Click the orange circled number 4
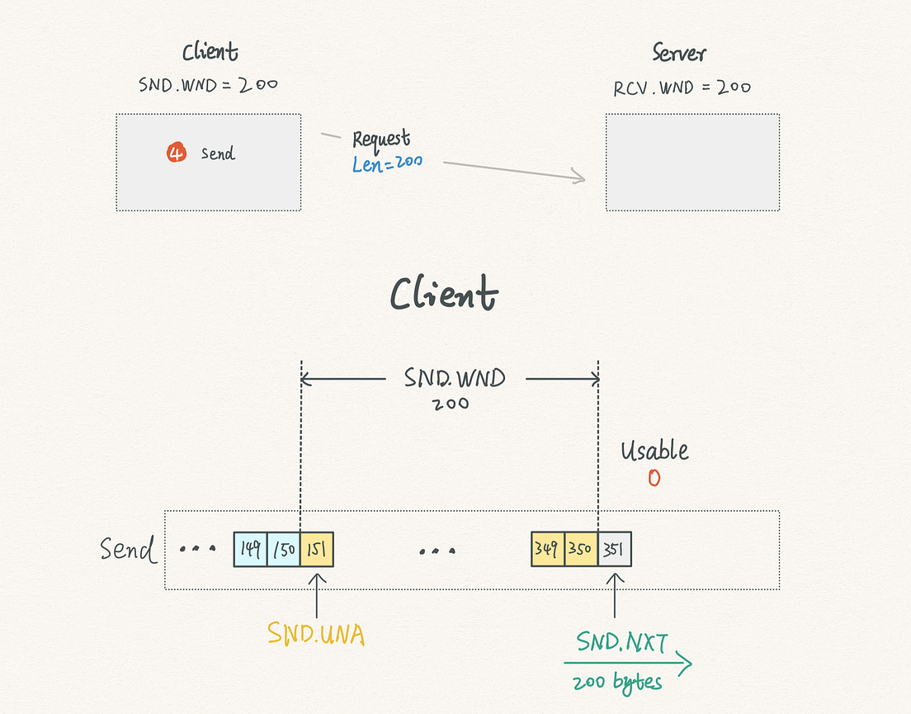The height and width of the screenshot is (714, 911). (x=176, y=153)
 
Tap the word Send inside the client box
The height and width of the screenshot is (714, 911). (x=218, y=154)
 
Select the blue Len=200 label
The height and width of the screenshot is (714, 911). (x=387, y=163)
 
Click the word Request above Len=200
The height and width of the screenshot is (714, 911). (x=381, y=139)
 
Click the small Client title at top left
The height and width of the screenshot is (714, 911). (x=210, y=53)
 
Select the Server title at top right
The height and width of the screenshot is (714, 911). (x=679, y=54)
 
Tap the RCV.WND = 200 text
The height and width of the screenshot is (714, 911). (x=682, y=87)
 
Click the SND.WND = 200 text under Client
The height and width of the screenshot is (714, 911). (x=208, y=84)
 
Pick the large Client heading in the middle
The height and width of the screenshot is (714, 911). (x=444, y=294)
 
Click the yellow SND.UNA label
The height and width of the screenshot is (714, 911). (x=316, y=633)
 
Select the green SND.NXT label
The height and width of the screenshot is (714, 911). (x=621, y=642)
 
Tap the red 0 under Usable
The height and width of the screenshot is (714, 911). (x=654, y=478)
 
